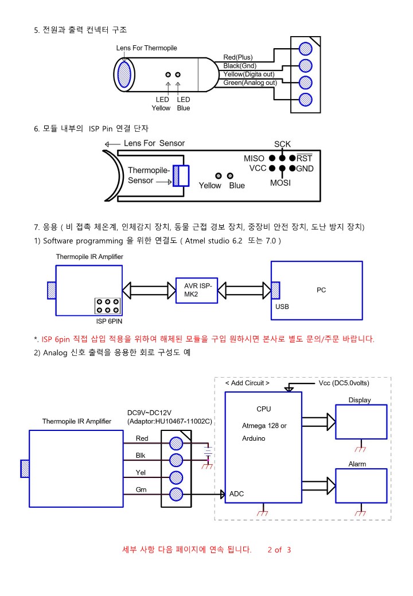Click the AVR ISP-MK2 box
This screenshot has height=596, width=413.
pyautogui.click(x=197, y=291)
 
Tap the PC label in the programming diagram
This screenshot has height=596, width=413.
pyautogui.click(x=321, y=290)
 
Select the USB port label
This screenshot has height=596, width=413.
pyautogui.click(x=282, y=307)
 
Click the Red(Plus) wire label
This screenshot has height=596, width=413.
pyautogui.click(x=237, y=57)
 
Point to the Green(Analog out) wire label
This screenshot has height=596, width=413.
pyautogui.click(x=250, y=83)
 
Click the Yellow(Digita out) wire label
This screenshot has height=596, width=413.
pyautogui.click(x=249, y=74)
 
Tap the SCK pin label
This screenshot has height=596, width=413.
pyautogui.click(x=282, y=144)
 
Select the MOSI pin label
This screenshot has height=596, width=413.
pyautogui.click(x=280, y=183)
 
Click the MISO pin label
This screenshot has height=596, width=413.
pyautogui.click(x=254, y=158)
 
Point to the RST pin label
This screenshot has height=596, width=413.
pyautogui.click(x=304, y=158)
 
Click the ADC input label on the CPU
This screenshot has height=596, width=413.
pyautogui.click(x=236, y=494)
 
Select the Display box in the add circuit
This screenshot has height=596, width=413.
pyautogui.click(x=361, y=422)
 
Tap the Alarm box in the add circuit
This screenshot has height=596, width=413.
pyautogui.click(x=361, y=486)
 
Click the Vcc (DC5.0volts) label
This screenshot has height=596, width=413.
pyautogui.click(x=344, y=383)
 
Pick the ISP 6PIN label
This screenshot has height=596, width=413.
pyautogui.click(x=109, y=321)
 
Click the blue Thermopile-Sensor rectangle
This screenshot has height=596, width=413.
pyautogui.click(x=181, y=175)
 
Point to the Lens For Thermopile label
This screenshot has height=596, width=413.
pyautogui.click(x=146, y=48)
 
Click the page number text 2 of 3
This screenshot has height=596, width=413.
pyautogui.click(x=279, y=550)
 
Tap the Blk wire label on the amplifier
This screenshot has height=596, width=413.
pyautogui.click(x=141, y=456)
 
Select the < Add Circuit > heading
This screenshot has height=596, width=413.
pyautogui.click(x=247, y=383)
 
